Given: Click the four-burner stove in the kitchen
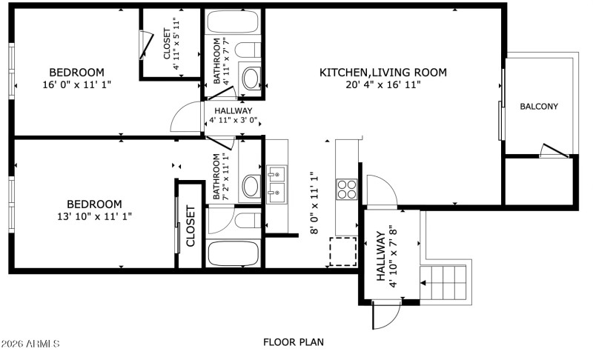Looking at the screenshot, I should click(x=347, y=190).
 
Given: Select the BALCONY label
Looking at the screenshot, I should click(x=538, y=107).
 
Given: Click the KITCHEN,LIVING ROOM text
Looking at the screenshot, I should click(x=382, y=72).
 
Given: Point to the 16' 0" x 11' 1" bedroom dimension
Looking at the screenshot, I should click(x=76, y=84).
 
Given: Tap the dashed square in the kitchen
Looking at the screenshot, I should click(x=342, y=251).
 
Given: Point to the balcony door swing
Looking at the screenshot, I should click(x=554, y=150).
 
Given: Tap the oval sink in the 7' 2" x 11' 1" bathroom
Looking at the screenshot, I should click(x=252, y=185).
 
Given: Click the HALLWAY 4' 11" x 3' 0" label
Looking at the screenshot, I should click(x=234, y=116).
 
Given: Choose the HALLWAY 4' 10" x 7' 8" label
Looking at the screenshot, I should click(x=386, y=259).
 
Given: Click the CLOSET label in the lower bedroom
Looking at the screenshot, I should click(x=191, y=226).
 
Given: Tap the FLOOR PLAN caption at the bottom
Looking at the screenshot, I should click(x=293, y=342).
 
